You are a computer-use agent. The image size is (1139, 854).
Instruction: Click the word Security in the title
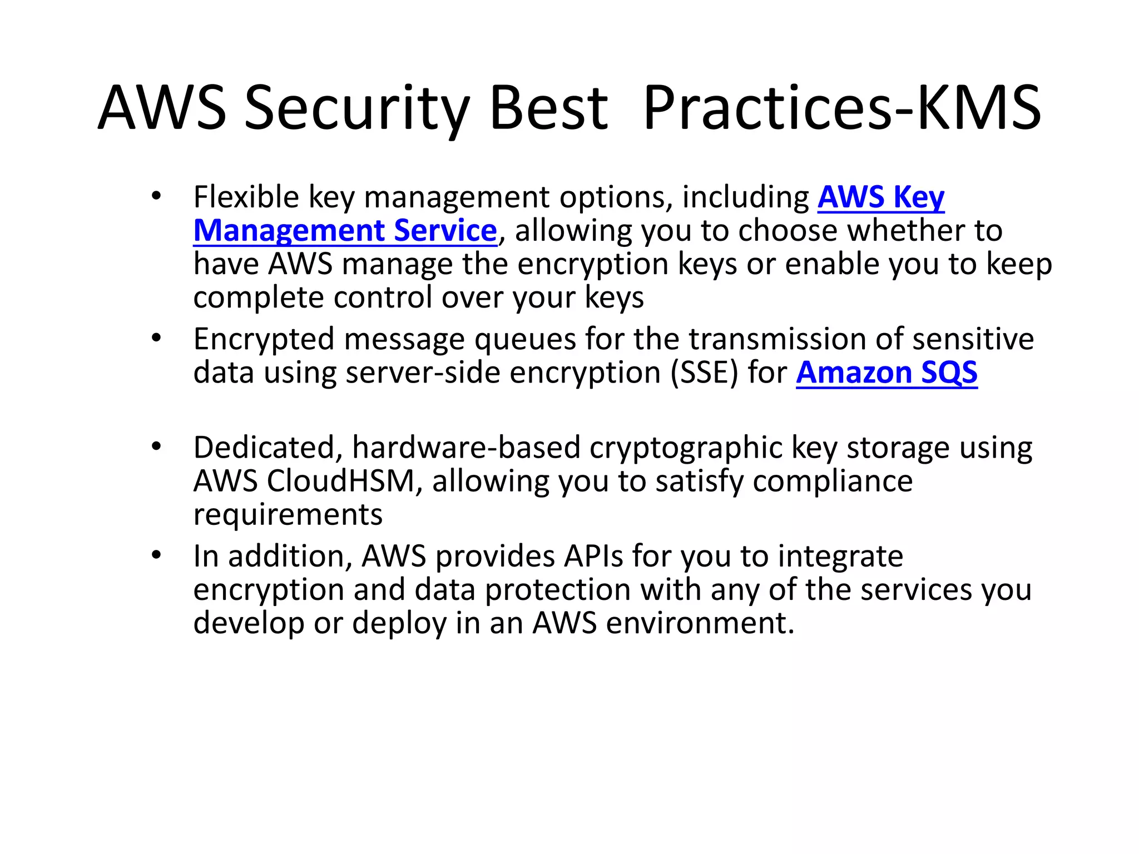coord(356,108)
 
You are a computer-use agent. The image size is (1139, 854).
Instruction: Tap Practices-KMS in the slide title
coord(841,108)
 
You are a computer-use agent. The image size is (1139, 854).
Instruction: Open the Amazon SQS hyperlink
coord(887,373)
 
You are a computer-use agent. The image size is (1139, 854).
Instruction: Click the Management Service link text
coord(345,231)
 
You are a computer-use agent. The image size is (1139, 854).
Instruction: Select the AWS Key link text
coord(880,197)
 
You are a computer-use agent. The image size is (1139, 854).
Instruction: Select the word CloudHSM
coord(340,481)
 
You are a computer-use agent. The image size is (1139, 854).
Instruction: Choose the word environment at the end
coord(699,623)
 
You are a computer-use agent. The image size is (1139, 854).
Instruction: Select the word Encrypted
coord(264,339)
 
